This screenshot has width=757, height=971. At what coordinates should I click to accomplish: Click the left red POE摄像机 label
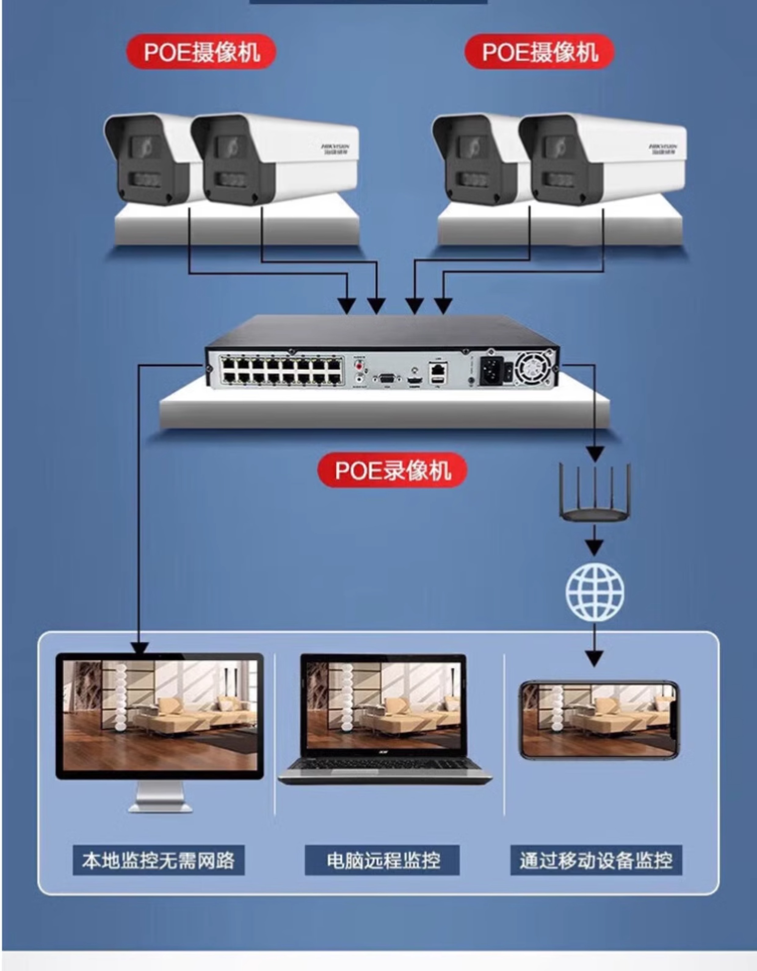tap(201, 52)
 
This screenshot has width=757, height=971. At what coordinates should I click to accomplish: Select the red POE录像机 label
tap(392, 470)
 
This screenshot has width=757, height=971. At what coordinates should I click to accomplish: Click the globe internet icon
tap(595, 592)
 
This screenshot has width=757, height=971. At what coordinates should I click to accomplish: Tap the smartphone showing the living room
tap(599, 719)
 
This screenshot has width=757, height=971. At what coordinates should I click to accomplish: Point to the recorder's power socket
tap(491, 372)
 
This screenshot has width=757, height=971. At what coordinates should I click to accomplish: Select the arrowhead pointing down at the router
tap(595, 454)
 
